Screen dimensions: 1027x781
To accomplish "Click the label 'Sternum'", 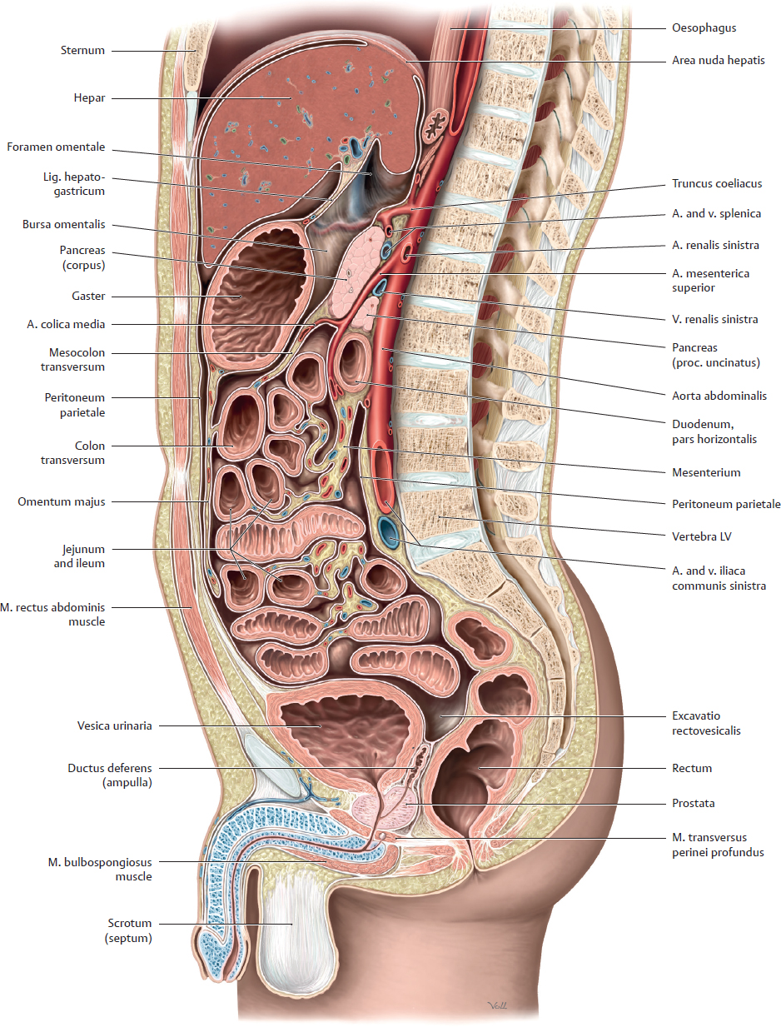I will pos(82,50).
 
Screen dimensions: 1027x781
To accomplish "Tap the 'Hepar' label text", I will pos(88,97).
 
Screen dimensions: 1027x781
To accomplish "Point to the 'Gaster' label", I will pos(88,296).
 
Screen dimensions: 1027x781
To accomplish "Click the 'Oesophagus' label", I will pos(704,27).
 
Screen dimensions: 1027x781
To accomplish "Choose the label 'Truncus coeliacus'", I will pos(716,183).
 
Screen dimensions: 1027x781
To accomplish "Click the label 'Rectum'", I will pos(691,768).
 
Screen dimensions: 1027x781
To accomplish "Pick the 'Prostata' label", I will pos(693,804).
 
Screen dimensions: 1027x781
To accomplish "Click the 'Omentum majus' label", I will pos(62,501).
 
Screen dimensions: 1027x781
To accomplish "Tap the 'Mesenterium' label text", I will pos(705,472).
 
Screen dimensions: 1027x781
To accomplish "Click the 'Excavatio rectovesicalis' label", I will pos(705,723).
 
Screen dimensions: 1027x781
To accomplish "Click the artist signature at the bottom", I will pos(496,1006).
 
